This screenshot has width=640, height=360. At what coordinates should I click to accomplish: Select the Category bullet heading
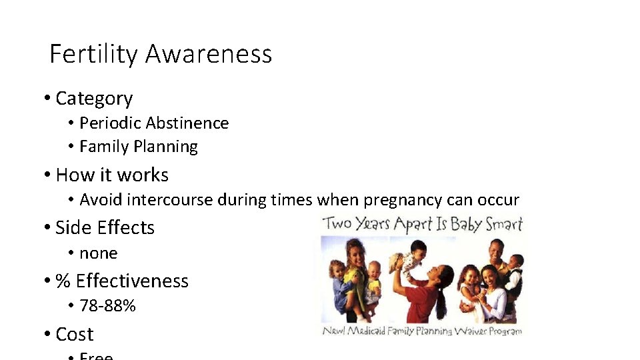coord(94,99)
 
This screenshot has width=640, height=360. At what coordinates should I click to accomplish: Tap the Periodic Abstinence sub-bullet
coord(154,123)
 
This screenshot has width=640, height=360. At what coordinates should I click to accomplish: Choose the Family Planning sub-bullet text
coord(139,147)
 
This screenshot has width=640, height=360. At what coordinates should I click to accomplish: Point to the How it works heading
coord(112,175)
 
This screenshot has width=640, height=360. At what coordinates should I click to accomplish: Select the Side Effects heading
coord(105,228)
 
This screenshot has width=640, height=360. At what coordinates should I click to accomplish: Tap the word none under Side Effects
coord(98,253)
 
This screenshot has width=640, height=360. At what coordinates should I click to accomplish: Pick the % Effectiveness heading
coord(122,281)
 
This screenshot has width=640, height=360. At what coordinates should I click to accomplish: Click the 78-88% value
coord(107,306)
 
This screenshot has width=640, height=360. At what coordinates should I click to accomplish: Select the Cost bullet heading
coord(74,334)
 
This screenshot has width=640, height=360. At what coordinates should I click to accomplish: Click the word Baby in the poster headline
coord(465,224)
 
